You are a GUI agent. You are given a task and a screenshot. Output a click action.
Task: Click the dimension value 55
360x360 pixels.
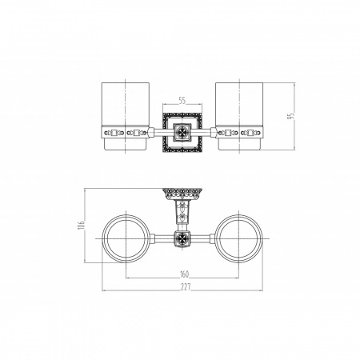[182, 101]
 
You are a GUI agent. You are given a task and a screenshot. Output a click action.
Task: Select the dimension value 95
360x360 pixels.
[291, 116]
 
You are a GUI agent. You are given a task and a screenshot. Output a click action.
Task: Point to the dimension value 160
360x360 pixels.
[184, 274]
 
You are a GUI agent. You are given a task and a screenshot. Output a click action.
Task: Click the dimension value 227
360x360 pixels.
[186, 287]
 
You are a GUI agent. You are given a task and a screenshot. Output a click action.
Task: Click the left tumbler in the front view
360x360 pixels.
[126, 116]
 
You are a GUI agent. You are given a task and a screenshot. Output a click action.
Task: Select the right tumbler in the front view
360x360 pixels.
[239, 116]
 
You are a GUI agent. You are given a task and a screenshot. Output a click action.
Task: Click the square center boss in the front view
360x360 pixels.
[182, 132]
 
